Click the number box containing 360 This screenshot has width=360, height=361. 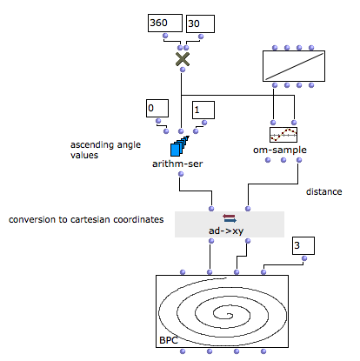click(165, 23)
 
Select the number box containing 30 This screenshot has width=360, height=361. click(200, 23)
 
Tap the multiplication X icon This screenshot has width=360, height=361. click(183, 59)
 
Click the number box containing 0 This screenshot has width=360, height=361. click(157, 109)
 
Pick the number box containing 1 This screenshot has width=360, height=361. click(203, 110)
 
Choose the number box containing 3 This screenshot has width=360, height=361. click(303, 245)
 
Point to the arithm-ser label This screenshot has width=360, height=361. click(177, 164)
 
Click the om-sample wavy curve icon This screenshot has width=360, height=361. click(283, 135)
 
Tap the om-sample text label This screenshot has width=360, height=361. click(280, 150)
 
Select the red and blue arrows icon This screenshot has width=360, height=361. click(230, 218)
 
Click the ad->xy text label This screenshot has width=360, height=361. click(226, 231)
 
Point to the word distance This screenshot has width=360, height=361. click(324, 191)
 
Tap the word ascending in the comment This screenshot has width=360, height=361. click(93, 144)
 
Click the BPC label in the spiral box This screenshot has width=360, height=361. click(169, 340)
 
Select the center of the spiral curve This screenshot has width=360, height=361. click(230, 315)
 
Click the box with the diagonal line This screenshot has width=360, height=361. click(294, 66)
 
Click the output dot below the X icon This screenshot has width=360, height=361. click(183, 70)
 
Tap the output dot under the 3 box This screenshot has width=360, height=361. click(304, 258)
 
